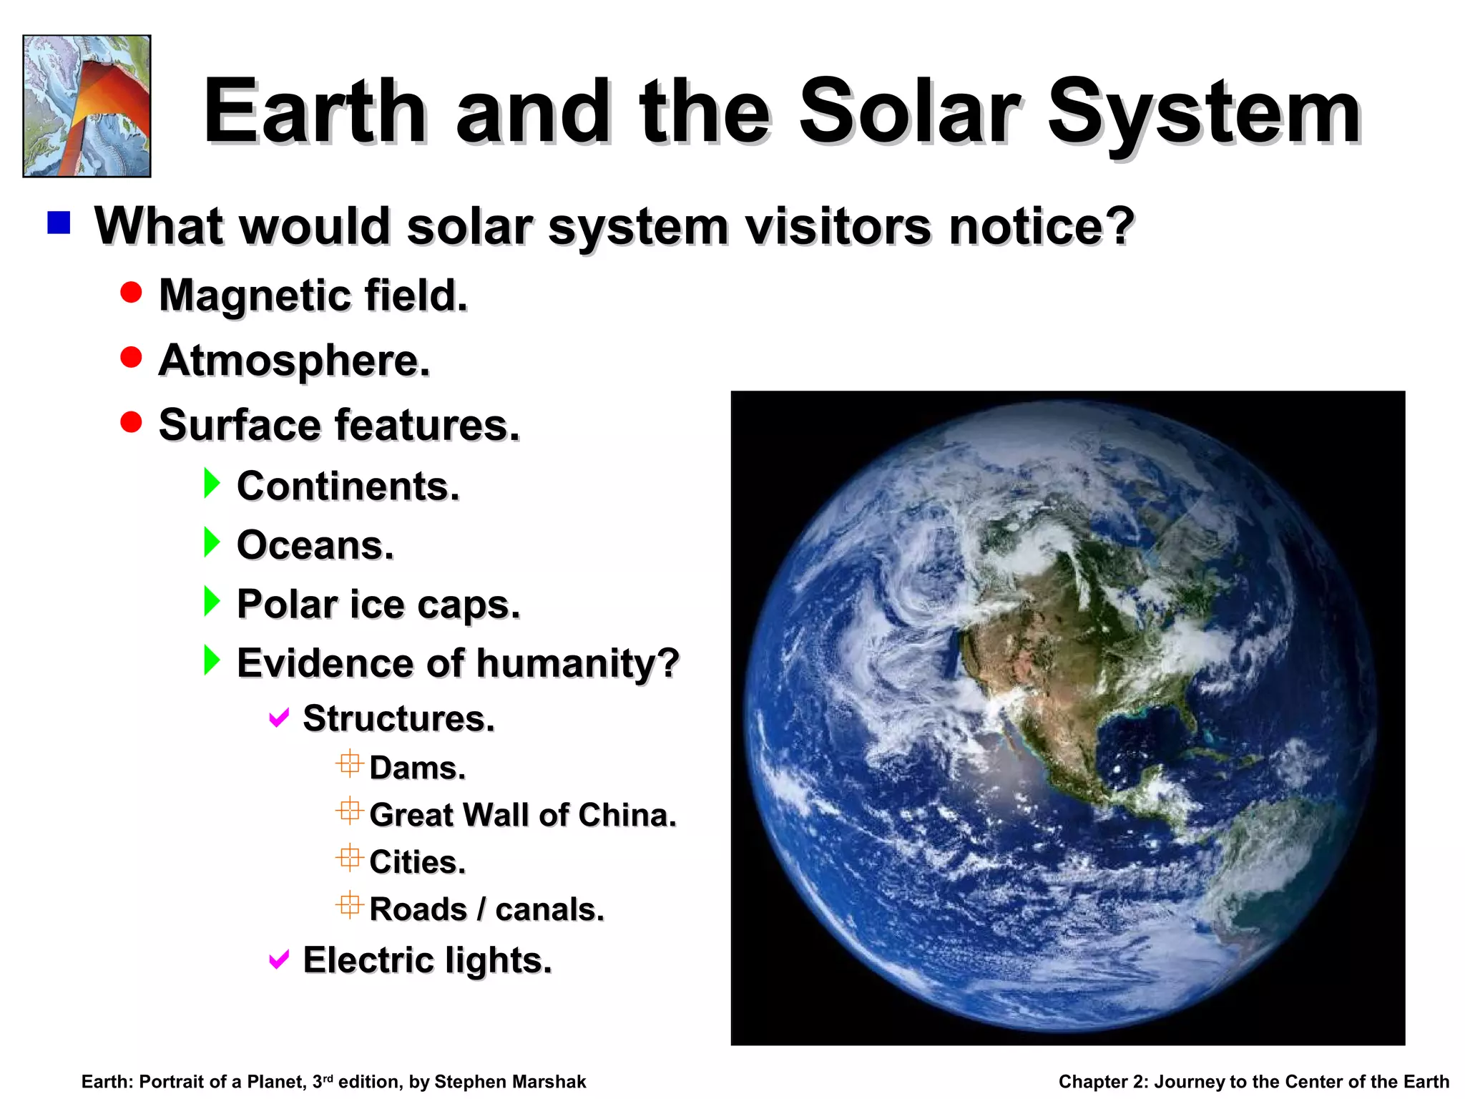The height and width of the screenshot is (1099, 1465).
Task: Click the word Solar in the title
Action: [908, 113]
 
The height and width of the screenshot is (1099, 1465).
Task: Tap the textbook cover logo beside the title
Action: [87, 106]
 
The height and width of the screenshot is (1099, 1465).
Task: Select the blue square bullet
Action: [59, 223]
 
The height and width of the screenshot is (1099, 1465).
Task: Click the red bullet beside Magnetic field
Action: [131, 293]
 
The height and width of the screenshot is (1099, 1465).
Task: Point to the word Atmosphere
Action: [293, 360]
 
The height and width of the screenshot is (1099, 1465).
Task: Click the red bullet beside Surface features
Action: [131, 422]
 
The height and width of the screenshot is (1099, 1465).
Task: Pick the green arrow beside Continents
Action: [212, 484]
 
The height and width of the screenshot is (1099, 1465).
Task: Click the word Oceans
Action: [315, 545]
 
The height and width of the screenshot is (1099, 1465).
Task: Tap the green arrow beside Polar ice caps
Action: [212, 601]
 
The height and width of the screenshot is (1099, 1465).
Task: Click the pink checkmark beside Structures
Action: [279, 717]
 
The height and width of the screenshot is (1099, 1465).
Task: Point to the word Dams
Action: [417, 768]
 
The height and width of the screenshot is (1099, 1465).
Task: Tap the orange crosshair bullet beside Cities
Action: [349, 858]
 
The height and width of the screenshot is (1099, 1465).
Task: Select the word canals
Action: [549, 909]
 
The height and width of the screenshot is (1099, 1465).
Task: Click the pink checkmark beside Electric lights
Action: [279, 959]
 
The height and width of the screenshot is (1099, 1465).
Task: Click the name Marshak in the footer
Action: [549, 1082]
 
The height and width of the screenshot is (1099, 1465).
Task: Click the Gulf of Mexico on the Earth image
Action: [1137, 744]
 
